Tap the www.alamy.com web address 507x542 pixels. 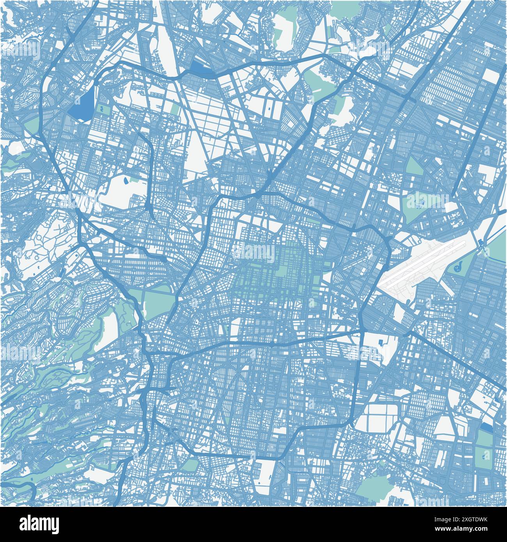click(x=470, y=529)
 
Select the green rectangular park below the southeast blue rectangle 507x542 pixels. click(x=485, y=449)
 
